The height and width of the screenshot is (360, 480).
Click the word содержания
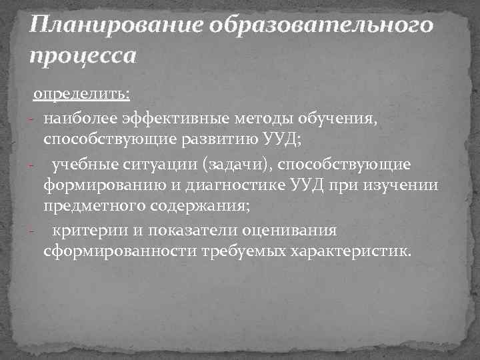pos(196,207)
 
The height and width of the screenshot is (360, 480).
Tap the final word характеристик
pos(349,252)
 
